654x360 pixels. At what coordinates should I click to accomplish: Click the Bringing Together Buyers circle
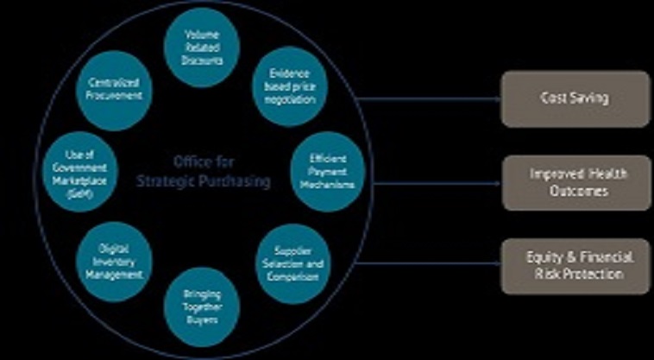point(202,306)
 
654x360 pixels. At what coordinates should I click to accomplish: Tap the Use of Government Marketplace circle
point(79,174)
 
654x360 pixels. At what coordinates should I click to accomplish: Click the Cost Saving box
point(575,98)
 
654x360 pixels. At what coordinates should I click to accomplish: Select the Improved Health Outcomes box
point(575,183)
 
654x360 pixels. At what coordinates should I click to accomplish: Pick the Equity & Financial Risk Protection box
point(575,267)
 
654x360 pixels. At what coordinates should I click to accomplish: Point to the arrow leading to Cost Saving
point(431,98)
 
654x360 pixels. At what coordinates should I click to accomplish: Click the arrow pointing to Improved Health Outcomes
point(431,183)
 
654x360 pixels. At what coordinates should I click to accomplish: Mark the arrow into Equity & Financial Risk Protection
point(431,267)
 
